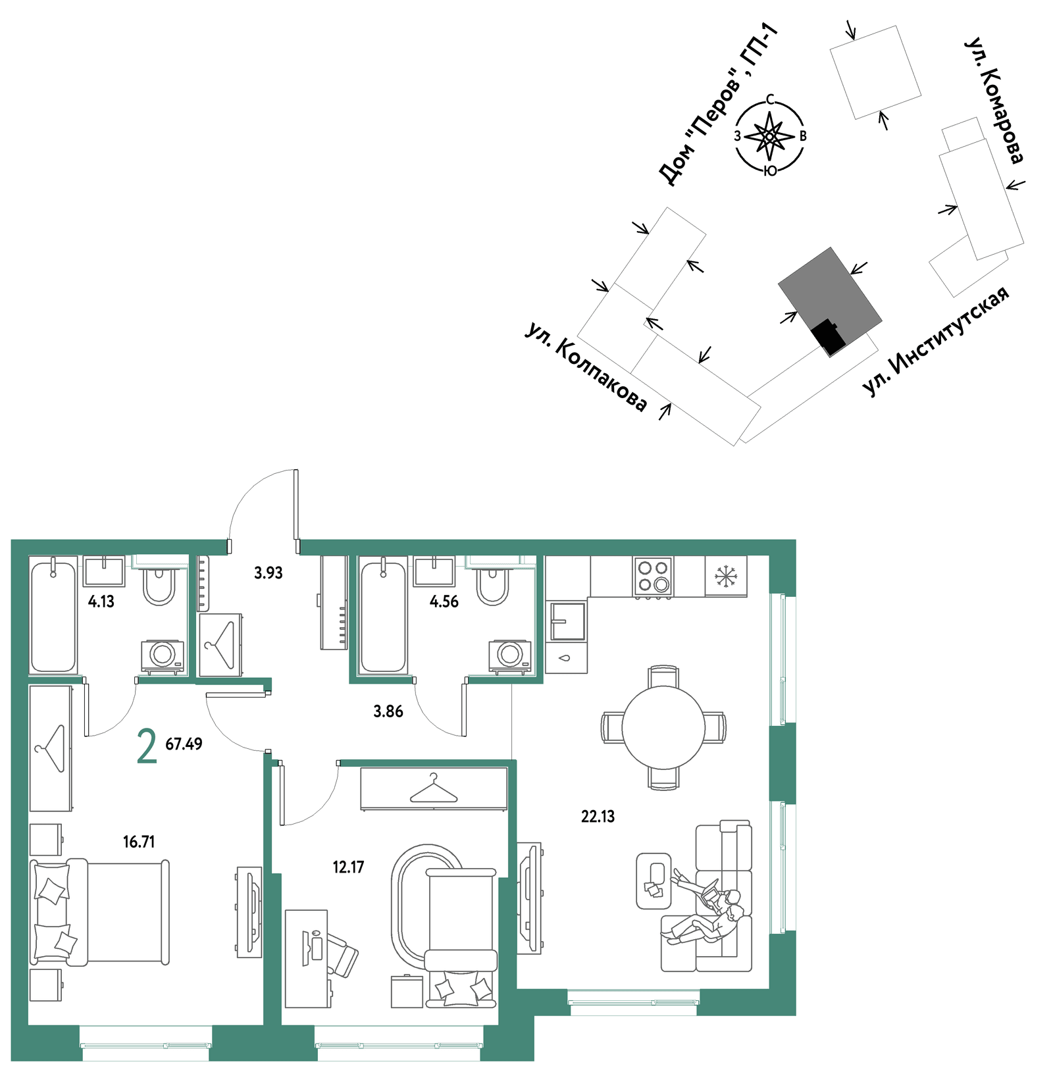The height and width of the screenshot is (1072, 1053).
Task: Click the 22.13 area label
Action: click(598, 817)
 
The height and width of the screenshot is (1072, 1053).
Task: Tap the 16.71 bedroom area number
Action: click(139, 842)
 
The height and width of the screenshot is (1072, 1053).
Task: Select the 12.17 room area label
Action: click(348, 867)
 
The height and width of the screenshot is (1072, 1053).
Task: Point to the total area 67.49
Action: click(184, 744)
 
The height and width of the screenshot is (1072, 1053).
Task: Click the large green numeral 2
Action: click(147, 746)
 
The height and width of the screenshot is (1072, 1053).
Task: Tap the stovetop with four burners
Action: click(653, 576)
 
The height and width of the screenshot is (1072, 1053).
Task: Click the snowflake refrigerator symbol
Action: click(726, 576)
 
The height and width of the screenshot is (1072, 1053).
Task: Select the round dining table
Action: click(663, 727)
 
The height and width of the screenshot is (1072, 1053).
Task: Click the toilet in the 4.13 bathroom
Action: click(159, 583)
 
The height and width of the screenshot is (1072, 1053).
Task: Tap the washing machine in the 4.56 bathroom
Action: click(510, 656)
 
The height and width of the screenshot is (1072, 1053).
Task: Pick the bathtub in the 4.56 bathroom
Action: click(383, 615)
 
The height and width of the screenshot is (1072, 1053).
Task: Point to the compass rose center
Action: click(769, 136)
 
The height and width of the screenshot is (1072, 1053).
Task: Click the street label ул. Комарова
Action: click(994, 100)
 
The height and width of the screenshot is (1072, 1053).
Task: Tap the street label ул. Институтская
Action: click(935, 342)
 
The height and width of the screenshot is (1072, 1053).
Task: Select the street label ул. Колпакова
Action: click(586, 367)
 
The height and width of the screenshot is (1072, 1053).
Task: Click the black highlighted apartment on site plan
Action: click(828, 336)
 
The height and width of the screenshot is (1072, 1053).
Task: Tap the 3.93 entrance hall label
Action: click(269, 573)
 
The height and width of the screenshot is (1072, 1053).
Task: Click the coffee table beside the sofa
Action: click(654, 881)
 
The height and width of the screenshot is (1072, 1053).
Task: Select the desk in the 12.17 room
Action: click(307, 958)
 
